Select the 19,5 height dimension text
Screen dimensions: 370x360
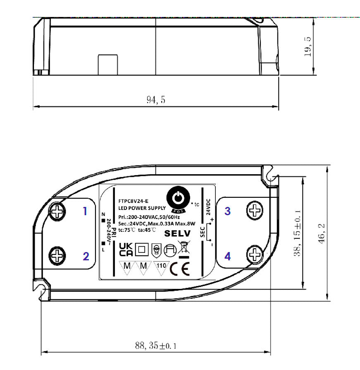(308, 47)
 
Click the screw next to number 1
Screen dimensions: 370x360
(57, 212)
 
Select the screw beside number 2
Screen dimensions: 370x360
(57, 254)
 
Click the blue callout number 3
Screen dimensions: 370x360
(227, 211)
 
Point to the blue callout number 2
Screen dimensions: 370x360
(86, 257)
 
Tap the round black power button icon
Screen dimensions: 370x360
(177, 198)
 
